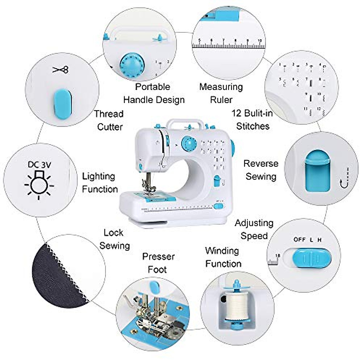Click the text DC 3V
(40, 164)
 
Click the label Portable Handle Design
(154, 93)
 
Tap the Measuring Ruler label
(221, 93)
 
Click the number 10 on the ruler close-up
(259, 40)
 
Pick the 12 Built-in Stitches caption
(252, 119)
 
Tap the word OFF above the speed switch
(300, 240)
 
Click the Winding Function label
(223, 257)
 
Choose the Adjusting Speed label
(254, 229)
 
